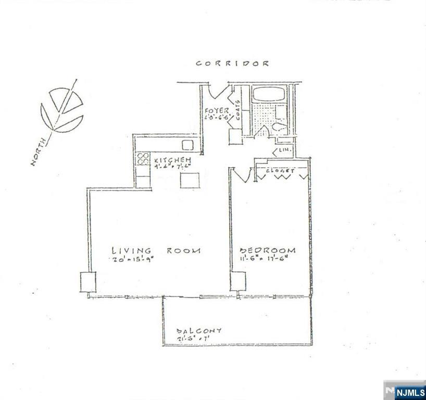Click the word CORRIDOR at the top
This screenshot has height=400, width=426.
[x=232, y=64]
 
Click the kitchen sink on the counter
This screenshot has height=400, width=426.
[x=187, y=144]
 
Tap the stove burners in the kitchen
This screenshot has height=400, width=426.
[x=143, y=159]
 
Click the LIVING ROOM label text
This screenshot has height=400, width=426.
[x=155, y=251]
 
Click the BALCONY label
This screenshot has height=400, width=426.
[x=199, y=331]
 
